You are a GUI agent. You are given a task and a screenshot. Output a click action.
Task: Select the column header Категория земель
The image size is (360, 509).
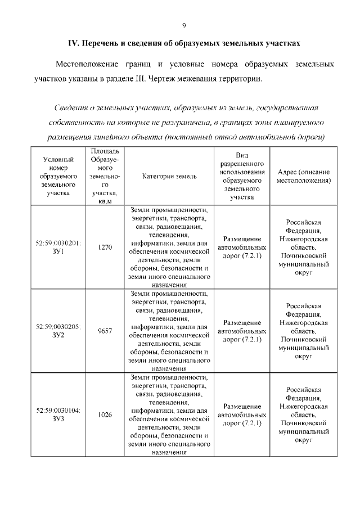click(x=169, y=176)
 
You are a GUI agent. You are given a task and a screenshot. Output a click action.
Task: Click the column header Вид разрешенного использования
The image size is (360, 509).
click(x=242, y=175)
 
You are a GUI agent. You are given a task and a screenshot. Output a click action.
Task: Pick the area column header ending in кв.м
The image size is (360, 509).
click(x=105, y=176)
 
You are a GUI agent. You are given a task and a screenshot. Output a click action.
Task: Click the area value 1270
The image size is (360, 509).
click(x=105, y=247)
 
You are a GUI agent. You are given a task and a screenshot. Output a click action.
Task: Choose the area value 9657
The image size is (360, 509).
click(x=105, y=331)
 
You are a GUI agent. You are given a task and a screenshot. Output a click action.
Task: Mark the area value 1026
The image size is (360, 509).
click(x=105, y=415)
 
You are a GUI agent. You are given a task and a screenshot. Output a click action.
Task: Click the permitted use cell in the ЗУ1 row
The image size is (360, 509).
click(x=242, y=247)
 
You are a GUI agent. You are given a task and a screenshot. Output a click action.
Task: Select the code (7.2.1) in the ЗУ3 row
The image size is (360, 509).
click(x=251, y=422)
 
